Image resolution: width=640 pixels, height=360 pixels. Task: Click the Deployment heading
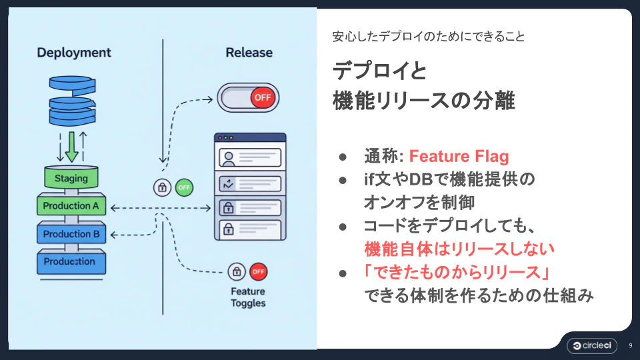(74, 53)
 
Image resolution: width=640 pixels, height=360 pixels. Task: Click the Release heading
(249, 53)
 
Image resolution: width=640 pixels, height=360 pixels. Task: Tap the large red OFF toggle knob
(262, 97)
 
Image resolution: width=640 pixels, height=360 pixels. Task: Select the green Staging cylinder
(71, 178)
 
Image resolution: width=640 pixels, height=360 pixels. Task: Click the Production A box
(71, 206)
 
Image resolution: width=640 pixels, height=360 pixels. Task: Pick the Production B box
(71, 234)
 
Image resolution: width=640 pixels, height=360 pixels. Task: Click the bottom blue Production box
(71, 262)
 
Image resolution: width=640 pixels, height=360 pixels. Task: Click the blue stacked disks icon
(71, 100)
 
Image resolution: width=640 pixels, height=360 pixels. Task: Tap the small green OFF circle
(185, 188)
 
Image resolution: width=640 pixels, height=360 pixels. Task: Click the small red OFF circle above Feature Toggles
(258, 271)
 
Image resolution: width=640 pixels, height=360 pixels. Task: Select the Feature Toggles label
(248, 297)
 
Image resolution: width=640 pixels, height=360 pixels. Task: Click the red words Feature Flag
(459, 157)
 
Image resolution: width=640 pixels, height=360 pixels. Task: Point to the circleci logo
(591, 345)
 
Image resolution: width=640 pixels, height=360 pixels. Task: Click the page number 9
(630, 345)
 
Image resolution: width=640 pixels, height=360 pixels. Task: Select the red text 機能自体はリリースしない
(459, 249)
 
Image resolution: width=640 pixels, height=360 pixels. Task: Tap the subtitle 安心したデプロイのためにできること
(429, 37)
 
